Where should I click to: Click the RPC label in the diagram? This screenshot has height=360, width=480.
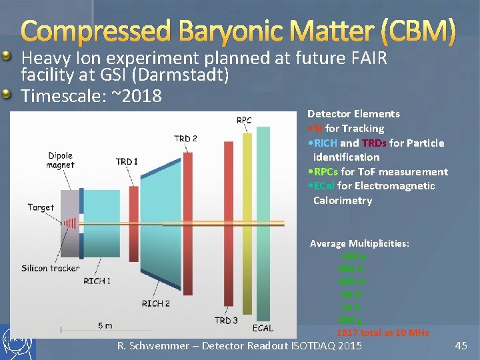tap(244, 121)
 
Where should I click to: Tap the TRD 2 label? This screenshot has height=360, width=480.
tap(185, 139)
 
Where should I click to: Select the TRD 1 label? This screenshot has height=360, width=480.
tap(127, 161)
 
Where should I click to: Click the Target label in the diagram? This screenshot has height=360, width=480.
tap(41, 207)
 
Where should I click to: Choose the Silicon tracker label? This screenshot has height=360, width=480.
tap(50, 268)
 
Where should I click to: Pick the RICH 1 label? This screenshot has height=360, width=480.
tap(97, 281)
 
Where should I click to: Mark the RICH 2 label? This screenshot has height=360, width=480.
tap(156, 303)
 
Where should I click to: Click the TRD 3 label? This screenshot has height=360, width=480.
tap(227, 321)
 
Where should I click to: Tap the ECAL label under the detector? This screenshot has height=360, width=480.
tap(263, 328)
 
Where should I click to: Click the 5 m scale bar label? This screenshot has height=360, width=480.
tap(105, 325)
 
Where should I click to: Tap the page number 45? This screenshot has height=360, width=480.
tap(461, 345)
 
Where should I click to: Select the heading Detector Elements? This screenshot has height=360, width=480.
tap(353, 114)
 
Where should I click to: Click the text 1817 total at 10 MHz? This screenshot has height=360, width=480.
tap(383, 332)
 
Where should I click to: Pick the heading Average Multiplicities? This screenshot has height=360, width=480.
tap(359, 244)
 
